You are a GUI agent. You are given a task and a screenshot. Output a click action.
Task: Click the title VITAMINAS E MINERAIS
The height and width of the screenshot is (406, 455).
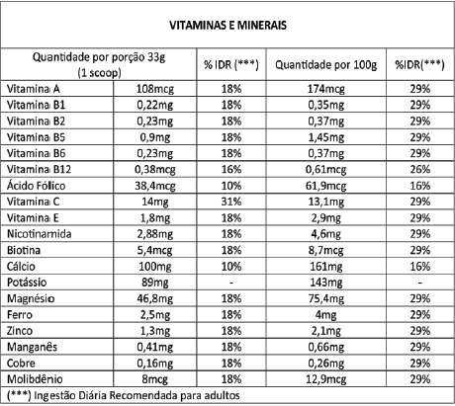[x=227, y=25]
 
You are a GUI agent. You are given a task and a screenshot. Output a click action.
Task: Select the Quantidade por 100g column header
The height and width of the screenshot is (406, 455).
[x=325, y=65]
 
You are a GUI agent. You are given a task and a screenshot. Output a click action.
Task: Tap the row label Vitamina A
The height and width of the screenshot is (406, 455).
[x=34, y=89]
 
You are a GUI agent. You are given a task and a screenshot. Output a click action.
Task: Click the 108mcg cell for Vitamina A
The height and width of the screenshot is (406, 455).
[x=155, y=89]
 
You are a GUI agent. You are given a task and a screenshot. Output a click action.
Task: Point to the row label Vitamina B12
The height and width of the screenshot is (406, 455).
[x=39, y=169]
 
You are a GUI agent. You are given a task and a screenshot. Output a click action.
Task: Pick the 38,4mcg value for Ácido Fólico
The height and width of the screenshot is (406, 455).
[x=155, y=186]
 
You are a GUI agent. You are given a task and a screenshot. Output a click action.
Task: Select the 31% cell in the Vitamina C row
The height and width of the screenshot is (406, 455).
[x=231, y=202]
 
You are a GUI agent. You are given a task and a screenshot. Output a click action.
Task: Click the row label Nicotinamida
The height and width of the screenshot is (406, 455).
[x=40, y=234]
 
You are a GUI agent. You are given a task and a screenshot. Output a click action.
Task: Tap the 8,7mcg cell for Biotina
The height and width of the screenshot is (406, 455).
[x=325, y=250]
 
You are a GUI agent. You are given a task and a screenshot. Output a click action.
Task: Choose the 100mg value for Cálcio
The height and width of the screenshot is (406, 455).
[x=155, y=267]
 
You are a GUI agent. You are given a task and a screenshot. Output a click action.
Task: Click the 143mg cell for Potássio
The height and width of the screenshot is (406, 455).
[x=325, y=283]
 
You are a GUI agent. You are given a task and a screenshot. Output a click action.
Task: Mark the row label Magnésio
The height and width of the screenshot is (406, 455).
[x=31, y=298]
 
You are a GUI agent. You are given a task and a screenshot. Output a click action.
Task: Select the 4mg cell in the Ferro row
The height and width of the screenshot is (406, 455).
[x=325, y=315]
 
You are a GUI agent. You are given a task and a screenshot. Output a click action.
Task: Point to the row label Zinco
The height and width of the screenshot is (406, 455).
[x=20, y=331]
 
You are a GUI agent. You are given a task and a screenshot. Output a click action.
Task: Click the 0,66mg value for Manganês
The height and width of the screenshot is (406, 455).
[x=325, y=347]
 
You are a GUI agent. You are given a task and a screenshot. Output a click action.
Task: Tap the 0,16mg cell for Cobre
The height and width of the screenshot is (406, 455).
[x=155, y=364]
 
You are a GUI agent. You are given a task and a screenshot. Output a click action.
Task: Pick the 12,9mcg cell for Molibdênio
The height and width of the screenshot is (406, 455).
[x=325, y=379]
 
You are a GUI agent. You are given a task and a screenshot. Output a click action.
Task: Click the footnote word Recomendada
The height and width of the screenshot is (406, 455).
[x=143, y=395]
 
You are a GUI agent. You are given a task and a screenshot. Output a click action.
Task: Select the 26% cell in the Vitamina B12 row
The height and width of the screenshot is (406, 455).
[x=420, y=169]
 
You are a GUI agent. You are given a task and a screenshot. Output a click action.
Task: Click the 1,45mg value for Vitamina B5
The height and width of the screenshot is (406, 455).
[x=325, y=137]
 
